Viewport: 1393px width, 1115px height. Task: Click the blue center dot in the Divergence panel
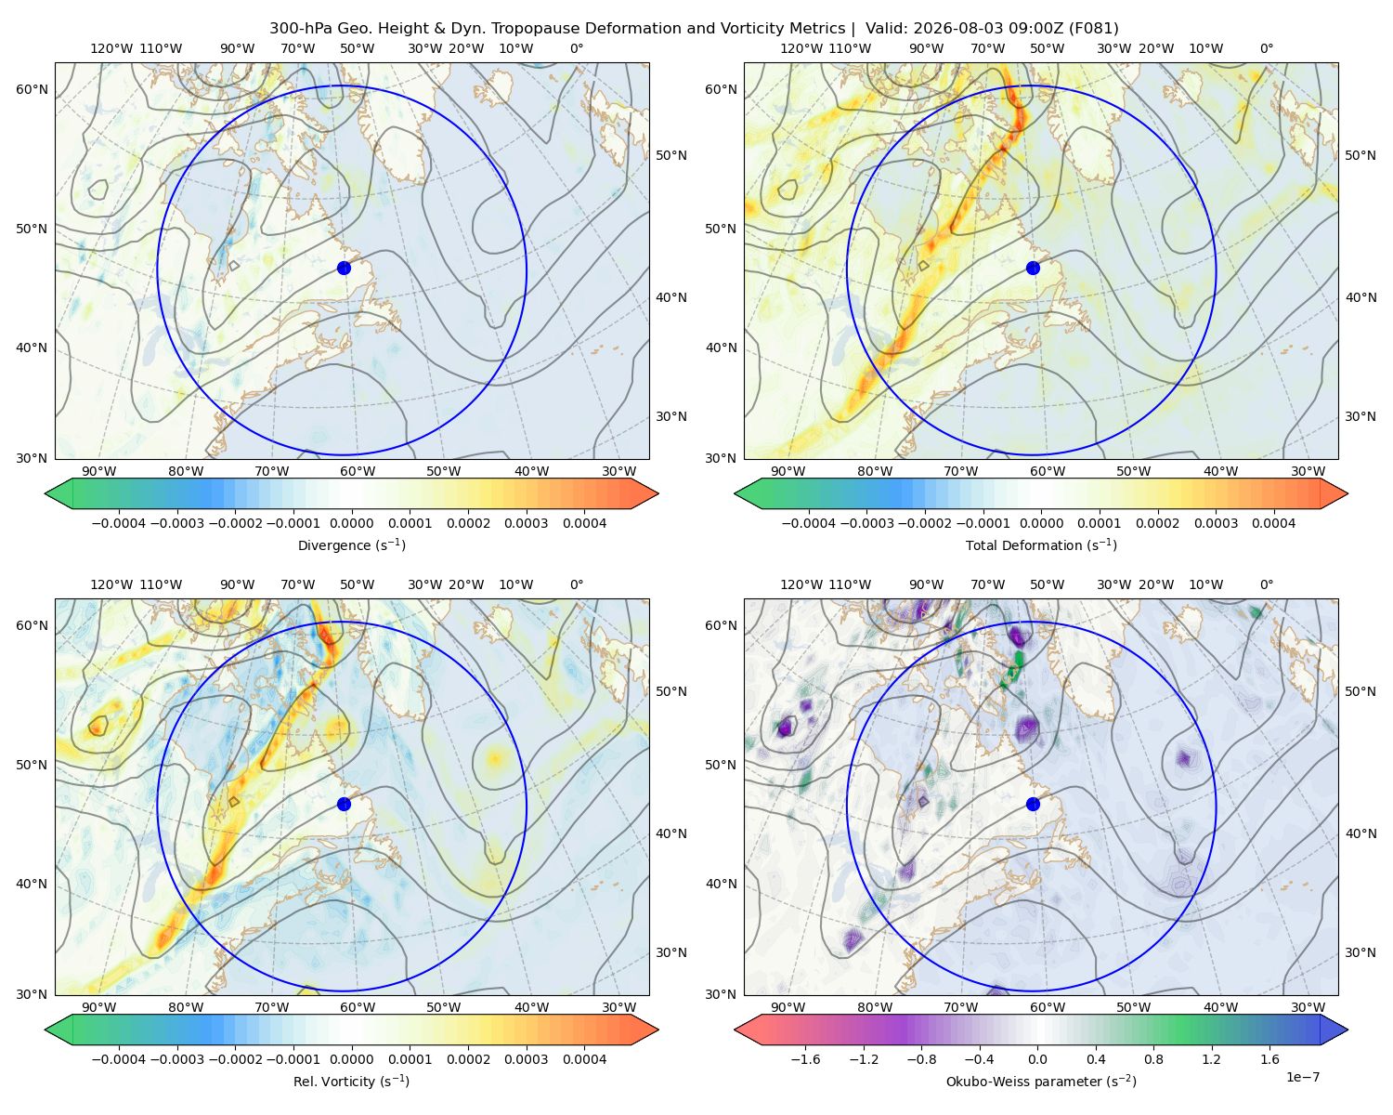coord(344,268)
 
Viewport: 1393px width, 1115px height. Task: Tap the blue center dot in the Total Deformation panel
coord(1033,268)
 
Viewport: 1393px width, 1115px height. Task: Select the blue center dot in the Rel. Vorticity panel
coord(344,804)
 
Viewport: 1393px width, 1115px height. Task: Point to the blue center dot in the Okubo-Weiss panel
coord(1033,804)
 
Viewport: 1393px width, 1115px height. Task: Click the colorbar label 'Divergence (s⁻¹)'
coord(351,544)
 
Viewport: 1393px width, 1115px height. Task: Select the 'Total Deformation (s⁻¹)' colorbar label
coord(1041,544)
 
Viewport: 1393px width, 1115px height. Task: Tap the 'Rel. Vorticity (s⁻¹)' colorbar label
coord(351,1081)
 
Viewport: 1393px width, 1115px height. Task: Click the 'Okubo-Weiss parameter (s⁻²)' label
coord(1041,1081)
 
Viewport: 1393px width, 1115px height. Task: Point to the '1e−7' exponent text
coord(1302,1077)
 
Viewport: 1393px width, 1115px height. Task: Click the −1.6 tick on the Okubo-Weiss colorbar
coord(805,1059)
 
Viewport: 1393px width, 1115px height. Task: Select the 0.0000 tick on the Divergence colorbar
coord(351,523)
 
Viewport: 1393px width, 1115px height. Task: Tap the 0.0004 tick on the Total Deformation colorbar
coord(1273,523)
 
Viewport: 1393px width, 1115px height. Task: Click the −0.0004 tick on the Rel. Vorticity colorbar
coord(119,1059)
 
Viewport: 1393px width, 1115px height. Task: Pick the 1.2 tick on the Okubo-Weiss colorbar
coord(1211,1059)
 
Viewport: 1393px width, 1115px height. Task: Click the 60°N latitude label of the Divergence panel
coord(32,89)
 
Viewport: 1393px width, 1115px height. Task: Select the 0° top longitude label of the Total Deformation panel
coord(1266,48)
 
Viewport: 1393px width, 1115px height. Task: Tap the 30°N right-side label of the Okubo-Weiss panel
coord(1360,952)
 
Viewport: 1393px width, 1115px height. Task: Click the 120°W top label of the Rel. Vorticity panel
coord(111,584)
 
